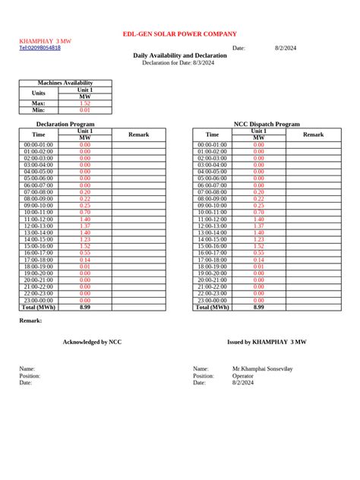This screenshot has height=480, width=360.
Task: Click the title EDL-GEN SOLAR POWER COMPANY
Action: tap(180, 34)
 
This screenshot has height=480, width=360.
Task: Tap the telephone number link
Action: tap(39, 48)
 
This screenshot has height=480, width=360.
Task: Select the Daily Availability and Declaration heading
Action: tap(180, 55)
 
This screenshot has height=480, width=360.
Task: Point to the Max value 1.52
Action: tap(85, 103)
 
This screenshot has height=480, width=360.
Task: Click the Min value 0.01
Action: tap(85, 110)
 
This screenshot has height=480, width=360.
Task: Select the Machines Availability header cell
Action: tap(65, 83)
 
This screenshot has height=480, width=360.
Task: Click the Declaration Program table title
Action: tap(65, 124)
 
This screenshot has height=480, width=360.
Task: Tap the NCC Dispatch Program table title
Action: tap(267, 124)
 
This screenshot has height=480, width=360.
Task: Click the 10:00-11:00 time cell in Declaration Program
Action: tap(39, 213)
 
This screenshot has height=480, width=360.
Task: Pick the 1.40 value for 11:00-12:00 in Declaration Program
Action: tap(85, 219)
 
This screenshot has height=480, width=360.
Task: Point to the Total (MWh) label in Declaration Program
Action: tap(39, 308)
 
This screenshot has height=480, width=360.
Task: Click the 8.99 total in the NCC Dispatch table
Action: tap(259, 308)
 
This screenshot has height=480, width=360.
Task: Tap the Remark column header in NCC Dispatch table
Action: tap(314, 134)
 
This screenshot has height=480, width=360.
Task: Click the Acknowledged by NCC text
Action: tap(92, 342)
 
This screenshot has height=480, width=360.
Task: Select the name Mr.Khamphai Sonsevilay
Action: tap(262, 369)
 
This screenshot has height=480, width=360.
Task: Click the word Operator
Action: tap(243, 376)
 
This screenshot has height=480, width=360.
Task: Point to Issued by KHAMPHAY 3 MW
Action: tap(267, 342)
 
